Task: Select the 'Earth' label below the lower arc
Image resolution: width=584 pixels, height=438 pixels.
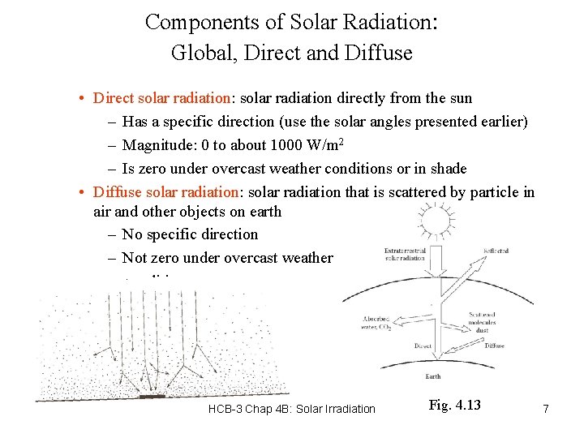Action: (433, 376)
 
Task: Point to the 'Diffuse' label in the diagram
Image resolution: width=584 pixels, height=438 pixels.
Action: (495, 346)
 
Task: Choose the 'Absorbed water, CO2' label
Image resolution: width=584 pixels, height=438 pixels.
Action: (376, 323)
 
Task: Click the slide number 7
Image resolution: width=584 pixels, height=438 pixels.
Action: (546, 409)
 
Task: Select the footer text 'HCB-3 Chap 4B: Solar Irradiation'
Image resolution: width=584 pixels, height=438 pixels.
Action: (292, 409)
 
